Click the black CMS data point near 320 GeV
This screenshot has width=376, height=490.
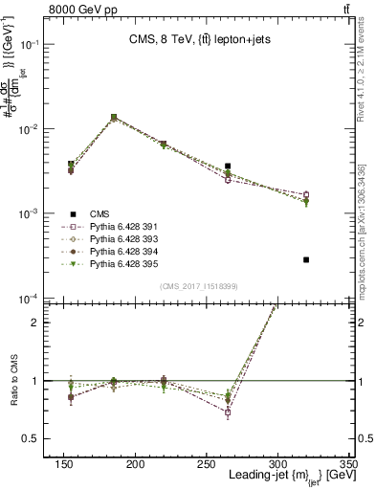(x=306, y=259)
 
